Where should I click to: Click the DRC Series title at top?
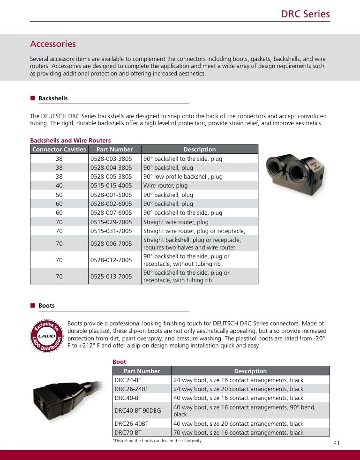pos(305,14)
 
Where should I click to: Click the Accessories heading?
pos(53,44)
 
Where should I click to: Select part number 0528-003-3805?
pos(111,158)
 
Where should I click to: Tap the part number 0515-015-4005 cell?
pos(111,186)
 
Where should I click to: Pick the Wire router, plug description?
pos(165,186)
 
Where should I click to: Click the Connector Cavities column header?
pos(59,150)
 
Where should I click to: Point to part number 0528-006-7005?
pos(111,244)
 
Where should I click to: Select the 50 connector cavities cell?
pos(59,195)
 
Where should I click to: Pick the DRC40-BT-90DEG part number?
pos(138,411)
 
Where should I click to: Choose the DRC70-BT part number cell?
pos(128,433)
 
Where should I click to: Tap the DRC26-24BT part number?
pos(132,389)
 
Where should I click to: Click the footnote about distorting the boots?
pos(154,441)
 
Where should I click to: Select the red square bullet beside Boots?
pos(33,306)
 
